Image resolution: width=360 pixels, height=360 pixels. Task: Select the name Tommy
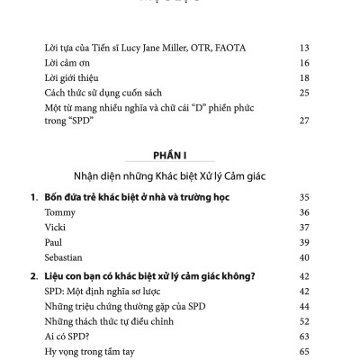(60, 211)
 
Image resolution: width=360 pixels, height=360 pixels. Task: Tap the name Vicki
(56, 227)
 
